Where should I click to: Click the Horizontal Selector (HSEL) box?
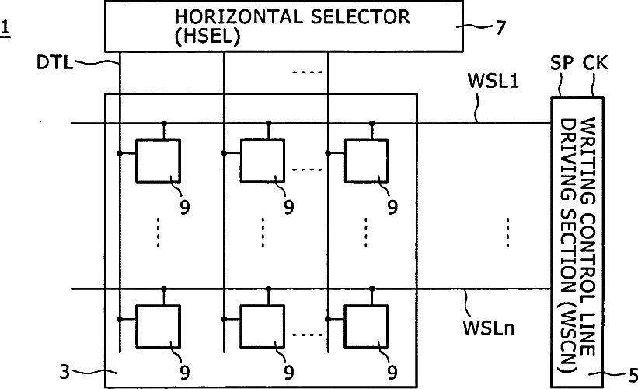pyautogui.click(x=284, y=26)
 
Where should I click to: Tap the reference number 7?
pyautogui.click(x=500, y=27)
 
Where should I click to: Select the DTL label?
pyautogui.click(x=54, y=63)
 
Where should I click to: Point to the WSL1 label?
pyautogui.click(x=493, y=81)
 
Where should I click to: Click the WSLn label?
pyautogui.click(x=489, y=328)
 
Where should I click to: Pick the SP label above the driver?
pyautogui.click(x=562, y=63)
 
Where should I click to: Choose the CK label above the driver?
pyautogui.click(x=595, y=63)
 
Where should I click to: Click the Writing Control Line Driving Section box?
pyautogui.click(x=577, y=243)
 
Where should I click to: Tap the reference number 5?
pyautogui.click(x=633, y=375)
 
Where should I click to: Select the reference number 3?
pyautogui.click(x=64, y=372)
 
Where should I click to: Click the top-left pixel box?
pyautogui.click(x=158, y=161)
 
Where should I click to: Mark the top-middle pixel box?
pyautogui.click(x=262, y=161)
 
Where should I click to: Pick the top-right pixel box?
pyautogui.click(x=366, y=161)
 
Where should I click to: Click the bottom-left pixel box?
pyautogui.click(x=158, y=326)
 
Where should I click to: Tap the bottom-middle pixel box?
pyautogui.click(x=262, y=326)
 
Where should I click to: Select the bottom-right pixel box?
pyautogui.click(x=366, y=326)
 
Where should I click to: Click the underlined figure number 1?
pyautogui.click(x=5, y=30)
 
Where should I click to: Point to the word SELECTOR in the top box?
pyautogui.click(x=360, y=17)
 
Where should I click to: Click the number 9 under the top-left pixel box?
pyautogui.click(x=185, y=207)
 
